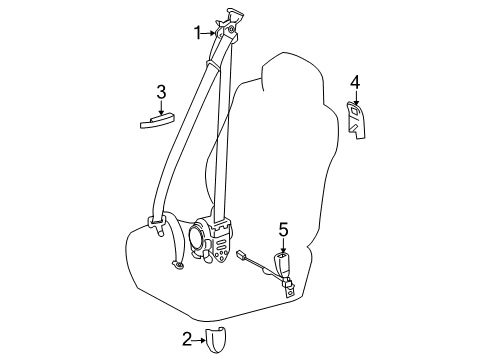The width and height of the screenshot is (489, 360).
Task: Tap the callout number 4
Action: [354, 82]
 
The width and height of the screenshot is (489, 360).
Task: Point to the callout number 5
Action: [283, 260]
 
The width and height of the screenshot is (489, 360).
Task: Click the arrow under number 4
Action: [354, 98]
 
